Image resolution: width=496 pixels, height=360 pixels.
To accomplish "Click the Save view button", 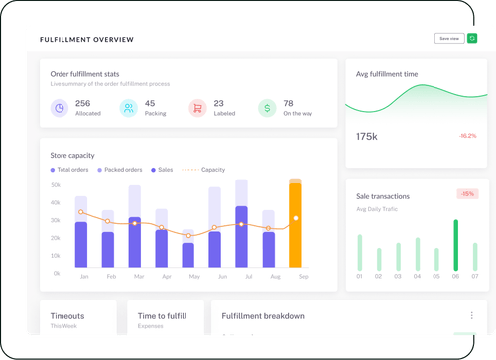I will tap(448, 39).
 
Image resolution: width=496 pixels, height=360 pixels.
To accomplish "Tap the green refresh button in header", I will tap(471, 39).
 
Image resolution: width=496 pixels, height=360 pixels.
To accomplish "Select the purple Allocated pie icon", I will tap(60, 108).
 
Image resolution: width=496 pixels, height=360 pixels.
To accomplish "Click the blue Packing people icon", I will tap(129, 108).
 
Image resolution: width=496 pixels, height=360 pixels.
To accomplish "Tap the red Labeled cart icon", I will tap(197, 108).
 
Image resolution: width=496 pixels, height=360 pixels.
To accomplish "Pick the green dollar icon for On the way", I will tap(267, 108).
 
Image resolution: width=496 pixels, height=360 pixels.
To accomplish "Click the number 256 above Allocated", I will tap(83, 103).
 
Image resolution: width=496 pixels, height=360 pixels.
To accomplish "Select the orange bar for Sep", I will tap(295, 227).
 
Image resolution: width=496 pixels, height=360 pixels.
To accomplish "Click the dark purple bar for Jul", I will tap(241, 238).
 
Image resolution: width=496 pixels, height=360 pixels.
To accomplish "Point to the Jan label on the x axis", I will tap(83, 277).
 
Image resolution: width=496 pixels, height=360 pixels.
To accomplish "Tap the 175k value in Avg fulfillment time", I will tap(367, 135).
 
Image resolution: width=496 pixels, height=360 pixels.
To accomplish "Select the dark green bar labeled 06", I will tap(455, 245).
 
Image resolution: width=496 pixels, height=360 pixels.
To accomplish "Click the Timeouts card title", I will tap(67, 315).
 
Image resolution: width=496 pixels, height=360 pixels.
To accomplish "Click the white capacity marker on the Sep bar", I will tap(296, 218).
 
